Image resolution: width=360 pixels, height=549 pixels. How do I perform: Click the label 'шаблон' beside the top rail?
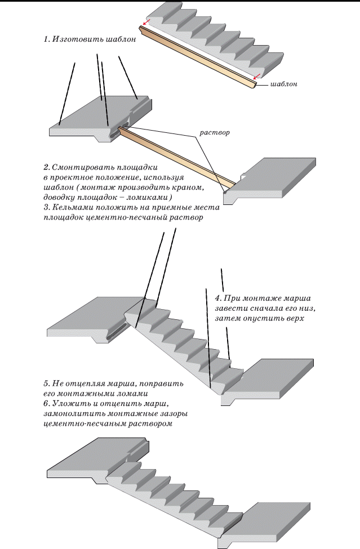(x=283, y=84)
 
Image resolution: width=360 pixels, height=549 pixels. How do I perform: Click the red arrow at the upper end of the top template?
(x=146, y=23)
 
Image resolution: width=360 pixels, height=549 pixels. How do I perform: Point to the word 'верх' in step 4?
(x=295, y=319)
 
